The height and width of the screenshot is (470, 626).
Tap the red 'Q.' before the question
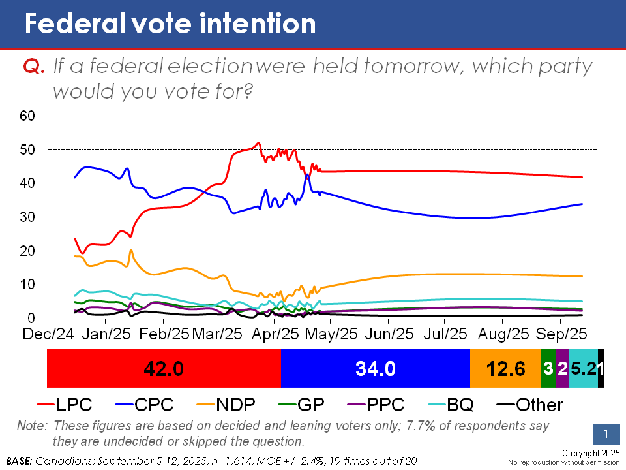pos(34,67)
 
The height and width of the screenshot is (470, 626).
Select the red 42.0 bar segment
pos(164,369)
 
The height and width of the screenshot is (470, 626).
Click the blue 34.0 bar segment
pos(375,369)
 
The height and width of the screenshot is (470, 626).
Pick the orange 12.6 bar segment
pos(505,369)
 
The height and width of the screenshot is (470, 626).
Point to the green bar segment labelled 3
pos(548,369)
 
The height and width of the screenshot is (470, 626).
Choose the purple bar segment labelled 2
pos(563,369)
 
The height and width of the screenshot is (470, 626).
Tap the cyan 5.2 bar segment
pos(583,369)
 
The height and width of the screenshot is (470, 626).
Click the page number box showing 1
pos(606,435)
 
